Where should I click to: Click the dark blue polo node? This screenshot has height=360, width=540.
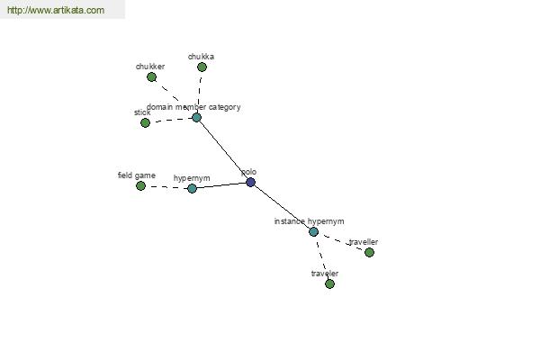[x=250, y=182]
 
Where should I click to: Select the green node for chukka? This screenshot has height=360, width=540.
[x=202, y=67]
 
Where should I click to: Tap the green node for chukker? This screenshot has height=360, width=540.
[x=151, y=77]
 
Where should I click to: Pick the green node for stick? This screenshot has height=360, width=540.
[x=145, y=122]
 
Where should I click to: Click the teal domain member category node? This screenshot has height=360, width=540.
[x=196, y=117]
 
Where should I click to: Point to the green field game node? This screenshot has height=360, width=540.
[x=140, y=185]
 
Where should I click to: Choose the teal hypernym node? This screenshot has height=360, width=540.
[x=192, y=188]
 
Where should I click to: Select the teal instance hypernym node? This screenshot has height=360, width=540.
[x=313, y=231]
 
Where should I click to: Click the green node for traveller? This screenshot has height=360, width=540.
[x=369, y=252]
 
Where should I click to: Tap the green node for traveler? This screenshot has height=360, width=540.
[x=329, y=283]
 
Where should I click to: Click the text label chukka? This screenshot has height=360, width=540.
[x=201, y=57]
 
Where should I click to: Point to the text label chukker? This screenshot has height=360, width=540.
[x=150, y=67]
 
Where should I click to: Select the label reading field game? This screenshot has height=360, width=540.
[x=137, y=175]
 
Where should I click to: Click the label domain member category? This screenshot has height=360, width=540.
[x=193, y=107]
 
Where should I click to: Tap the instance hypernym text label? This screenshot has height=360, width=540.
[x=309, y=221]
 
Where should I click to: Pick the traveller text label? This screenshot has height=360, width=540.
[x=364, y=242]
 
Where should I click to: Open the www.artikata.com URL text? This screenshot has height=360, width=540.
[x=55, y=11]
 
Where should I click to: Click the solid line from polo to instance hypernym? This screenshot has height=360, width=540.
[x=282, y=207]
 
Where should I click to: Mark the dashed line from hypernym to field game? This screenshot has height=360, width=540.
[x=166, y=187]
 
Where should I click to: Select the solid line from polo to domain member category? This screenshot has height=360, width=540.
[x=223, y=149]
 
